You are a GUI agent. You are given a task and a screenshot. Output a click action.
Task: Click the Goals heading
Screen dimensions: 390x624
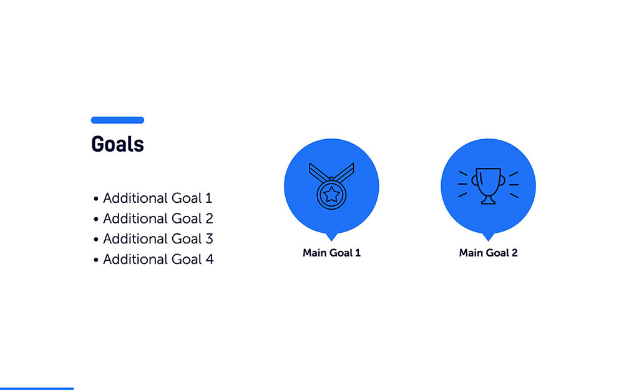point(117,144)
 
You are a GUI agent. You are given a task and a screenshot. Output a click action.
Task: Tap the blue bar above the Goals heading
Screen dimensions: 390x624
point(117,120)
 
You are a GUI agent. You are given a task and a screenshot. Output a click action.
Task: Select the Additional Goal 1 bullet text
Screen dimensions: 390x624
point(157,198)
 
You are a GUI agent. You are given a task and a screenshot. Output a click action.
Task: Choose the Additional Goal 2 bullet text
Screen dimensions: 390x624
point(158,218)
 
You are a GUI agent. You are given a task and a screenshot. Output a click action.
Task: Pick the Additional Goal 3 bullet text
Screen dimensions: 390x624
point(158,239)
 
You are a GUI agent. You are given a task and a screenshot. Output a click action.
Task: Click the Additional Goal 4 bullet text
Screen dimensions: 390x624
point(158,259)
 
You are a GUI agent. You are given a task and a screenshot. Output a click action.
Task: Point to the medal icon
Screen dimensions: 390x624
point(331,185)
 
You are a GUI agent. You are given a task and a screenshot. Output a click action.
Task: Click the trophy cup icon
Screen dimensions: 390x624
point(488,185)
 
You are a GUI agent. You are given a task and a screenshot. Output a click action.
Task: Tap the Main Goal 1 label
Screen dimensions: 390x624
point(331,253)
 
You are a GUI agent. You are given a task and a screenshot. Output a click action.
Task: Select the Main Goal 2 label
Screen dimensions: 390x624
point(488,253)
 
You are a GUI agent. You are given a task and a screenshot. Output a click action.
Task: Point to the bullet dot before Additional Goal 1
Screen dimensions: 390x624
point(96,199)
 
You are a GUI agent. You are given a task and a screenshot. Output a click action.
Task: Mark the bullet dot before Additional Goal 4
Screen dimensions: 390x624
point(96,260)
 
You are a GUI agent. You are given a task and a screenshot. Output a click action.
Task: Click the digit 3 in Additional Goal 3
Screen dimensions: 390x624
point(209,239)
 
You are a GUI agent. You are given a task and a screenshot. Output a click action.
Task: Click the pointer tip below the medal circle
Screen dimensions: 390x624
point(331,238)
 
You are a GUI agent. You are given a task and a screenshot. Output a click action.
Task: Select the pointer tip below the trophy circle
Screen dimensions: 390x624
point(488,238)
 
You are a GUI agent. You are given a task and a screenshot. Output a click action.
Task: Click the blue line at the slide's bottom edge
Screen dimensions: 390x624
point(36,388)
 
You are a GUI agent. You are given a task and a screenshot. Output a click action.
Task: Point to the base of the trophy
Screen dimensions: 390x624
point(488,200)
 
